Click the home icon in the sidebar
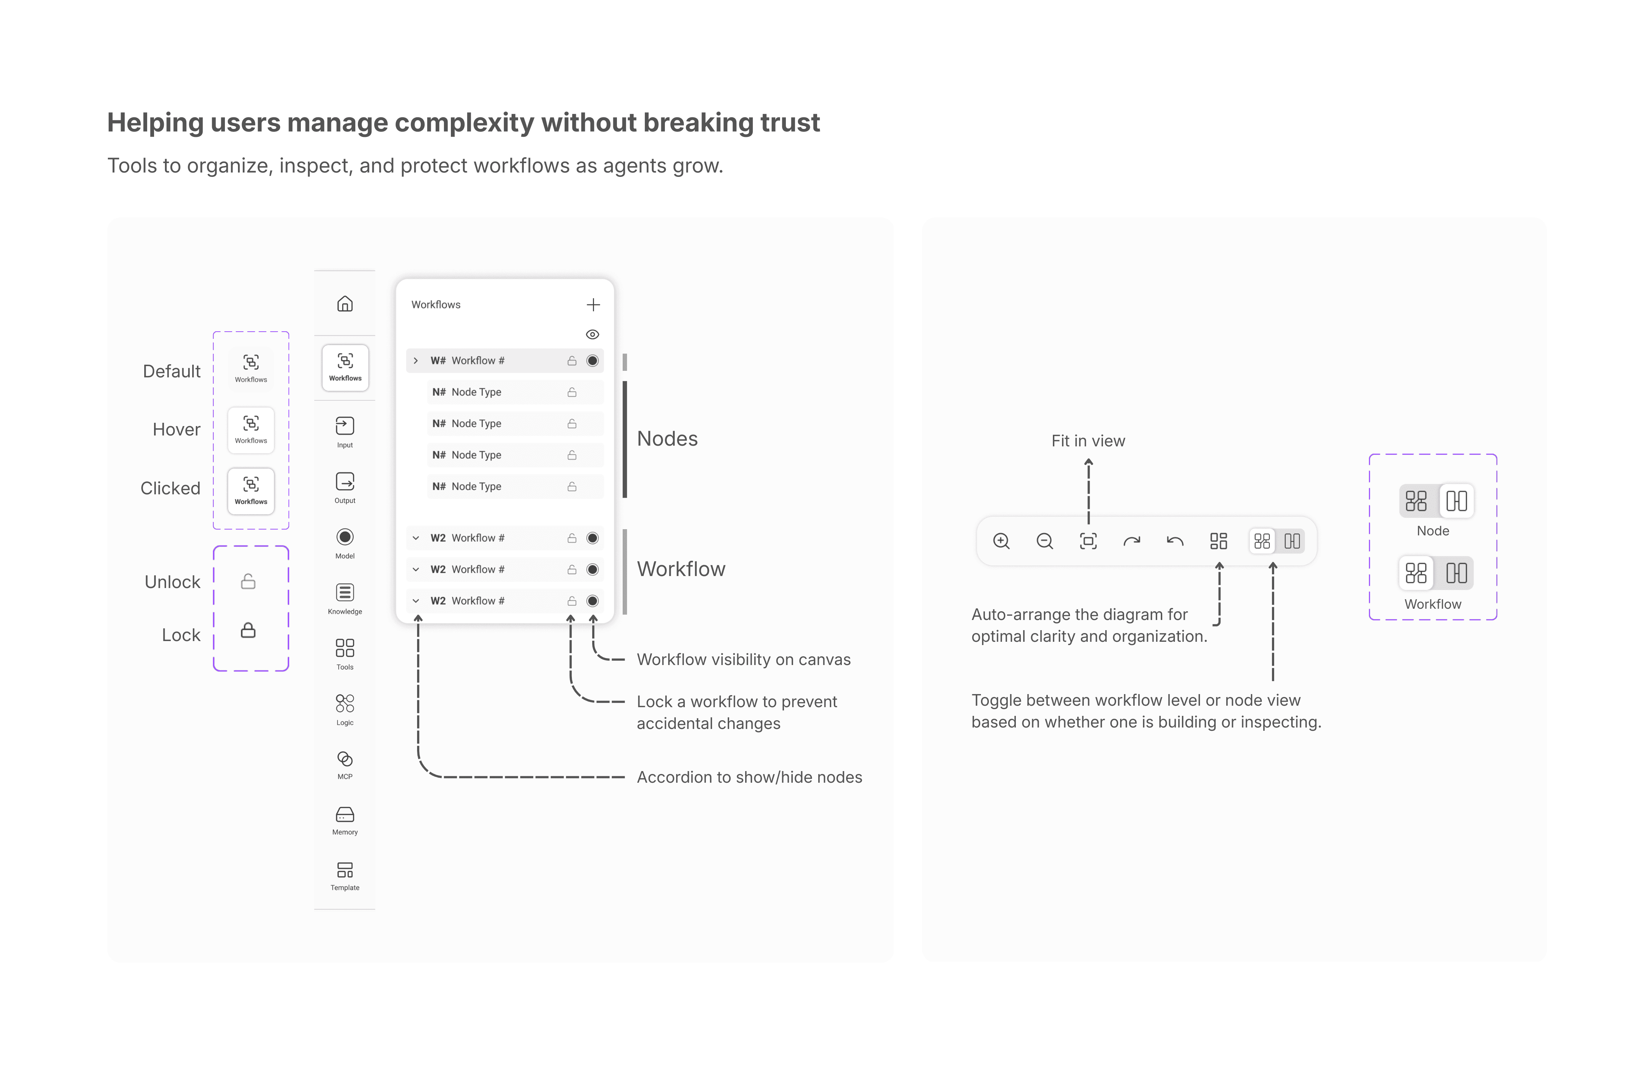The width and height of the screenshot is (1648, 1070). coord(345,304)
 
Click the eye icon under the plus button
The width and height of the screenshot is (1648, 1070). coord(593,334)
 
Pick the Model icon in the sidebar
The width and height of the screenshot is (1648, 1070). coord(345,537)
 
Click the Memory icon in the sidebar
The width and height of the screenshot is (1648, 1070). coord(345,815)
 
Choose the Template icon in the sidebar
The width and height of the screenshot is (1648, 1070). coord(345,870)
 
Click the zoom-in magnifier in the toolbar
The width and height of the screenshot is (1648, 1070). coord(1001,541)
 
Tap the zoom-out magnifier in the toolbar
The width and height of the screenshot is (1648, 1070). coord(1045,541)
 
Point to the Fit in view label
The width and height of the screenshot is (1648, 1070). coord(1088,441)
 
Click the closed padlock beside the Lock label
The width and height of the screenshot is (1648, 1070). coord(248,631)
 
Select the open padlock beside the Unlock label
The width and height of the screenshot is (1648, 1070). coord(248,581)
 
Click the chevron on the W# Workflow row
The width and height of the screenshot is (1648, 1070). coord(416,361)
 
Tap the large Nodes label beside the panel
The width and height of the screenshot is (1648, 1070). coord(667,439)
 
